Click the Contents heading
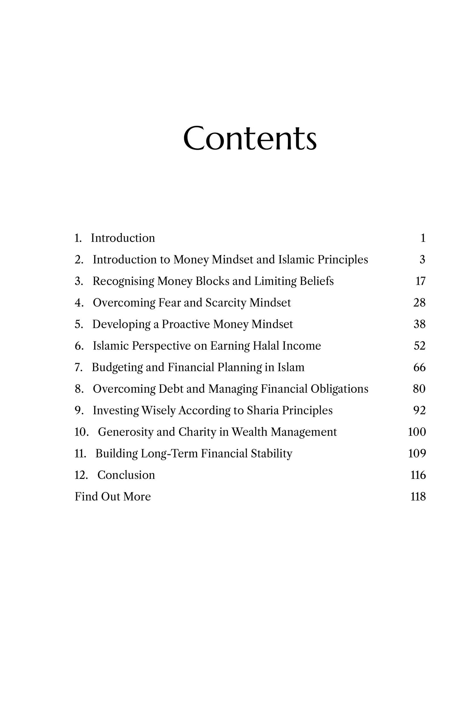pos(250,138)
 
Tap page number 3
pos(422,259)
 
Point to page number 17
pos(420,281)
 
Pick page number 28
pos(419,302)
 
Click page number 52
pos(419,345)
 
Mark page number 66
pos(419,367)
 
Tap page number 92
pos(419,410)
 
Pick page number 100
pos(417,432)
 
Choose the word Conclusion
pos(126,475)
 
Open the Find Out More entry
pos(113,496)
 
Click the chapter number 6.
pos(79,346)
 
